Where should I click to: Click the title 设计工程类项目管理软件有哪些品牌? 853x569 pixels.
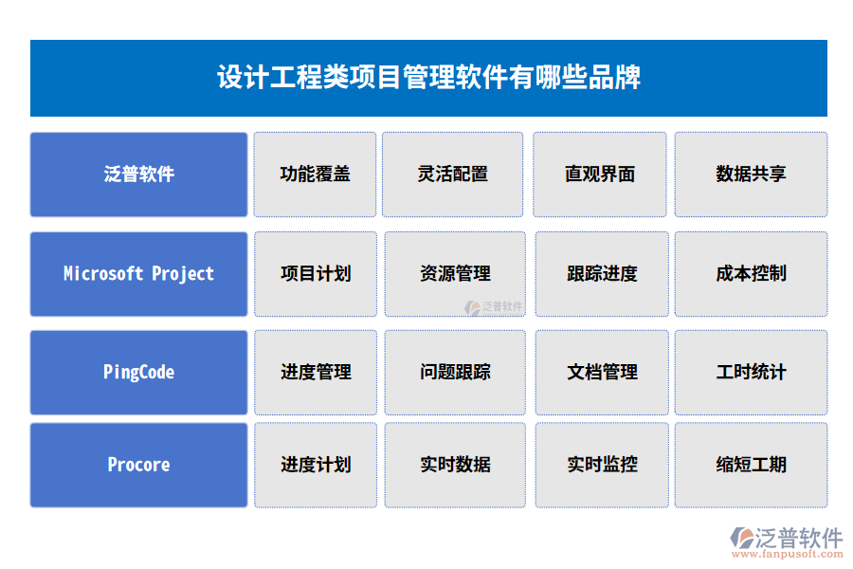pos(428,77)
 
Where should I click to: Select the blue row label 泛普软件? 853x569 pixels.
pos(139,174)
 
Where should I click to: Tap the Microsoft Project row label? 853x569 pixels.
pos(139,274)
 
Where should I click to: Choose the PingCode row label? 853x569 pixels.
pos(139,373)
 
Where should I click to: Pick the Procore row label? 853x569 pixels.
pos(139,465)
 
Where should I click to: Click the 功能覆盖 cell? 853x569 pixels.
pos(316,174)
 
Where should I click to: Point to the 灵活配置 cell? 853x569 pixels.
pos(453,174)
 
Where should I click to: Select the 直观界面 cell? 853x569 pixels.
pos(600,174)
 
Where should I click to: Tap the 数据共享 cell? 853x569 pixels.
pos(751,174)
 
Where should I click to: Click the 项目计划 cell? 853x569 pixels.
pos(316,274)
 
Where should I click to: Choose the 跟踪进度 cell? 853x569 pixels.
pos(602,274)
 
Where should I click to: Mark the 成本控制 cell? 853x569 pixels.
pos(751,274)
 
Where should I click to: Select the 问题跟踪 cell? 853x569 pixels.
pos(455,373)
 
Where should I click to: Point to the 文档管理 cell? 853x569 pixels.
pos(602,373)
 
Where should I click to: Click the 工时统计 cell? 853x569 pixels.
pos(751,373)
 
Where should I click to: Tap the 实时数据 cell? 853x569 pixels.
pos(455,465)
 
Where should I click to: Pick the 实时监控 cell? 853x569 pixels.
pos(602,465)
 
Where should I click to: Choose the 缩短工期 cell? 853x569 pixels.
pos(751,465)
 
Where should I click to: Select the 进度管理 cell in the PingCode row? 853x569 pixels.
pos(316,373)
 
